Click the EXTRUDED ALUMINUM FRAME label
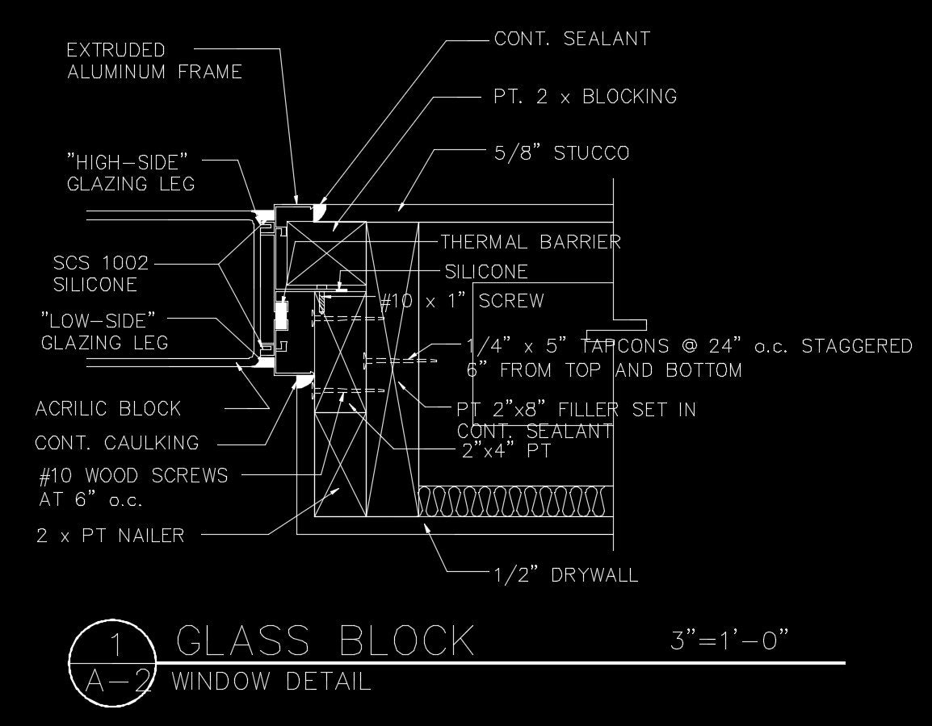(154, 61)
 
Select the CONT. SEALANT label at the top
(572, 39)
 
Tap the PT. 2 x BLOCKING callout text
(585, 97)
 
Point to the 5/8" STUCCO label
(560, 153)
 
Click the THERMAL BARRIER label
(530, 242)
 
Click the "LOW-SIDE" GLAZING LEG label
(104, 332)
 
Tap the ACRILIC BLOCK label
(108, 409)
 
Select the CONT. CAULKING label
(117, 443)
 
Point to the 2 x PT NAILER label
(110, 535)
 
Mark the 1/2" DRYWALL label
(565, 575)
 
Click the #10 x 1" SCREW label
(462, 302)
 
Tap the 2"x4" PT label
(506, 450)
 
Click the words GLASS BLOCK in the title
(325, 640)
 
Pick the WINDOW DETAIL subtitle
(271, 682)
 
